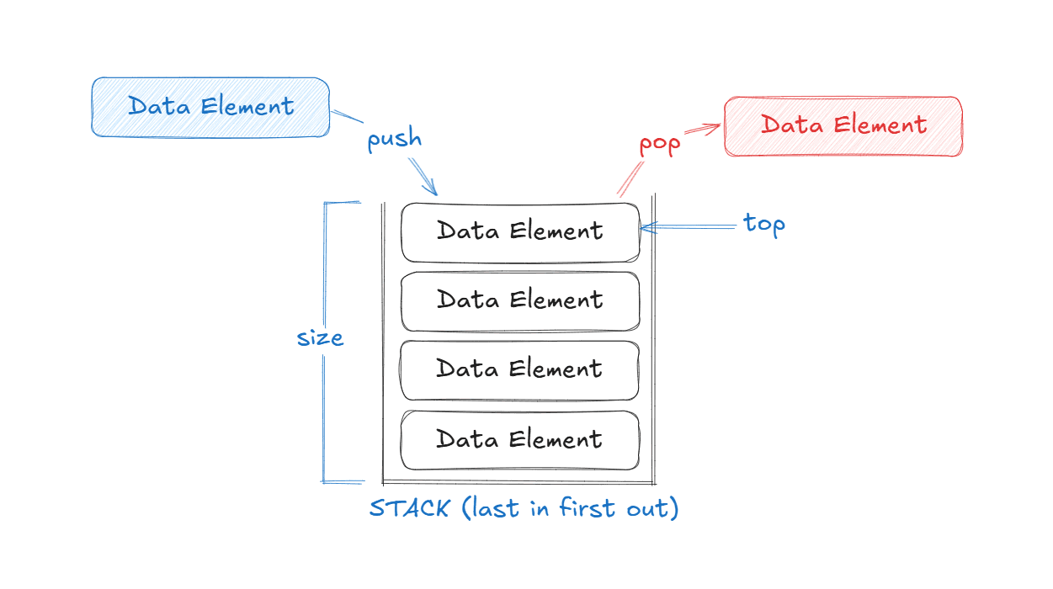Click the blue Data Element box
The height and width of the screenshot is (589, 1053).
tap(210, 107)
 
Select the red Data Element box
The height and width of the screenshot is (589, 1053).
tap(843, 126)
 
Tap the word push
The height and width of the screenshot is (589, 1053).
tap(394, 139)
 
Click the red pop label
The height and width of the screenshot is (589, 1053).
tap(659, 144)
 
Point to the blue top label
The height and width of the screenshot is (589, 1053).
tap(764, 224)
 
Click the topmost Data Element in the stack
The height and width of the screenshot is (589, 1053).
tap(519, 231)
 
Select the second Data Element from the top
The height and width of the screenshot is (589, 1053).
tap(519, 300)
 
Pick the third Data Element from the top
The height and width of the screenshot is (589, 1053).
tap(519, 369)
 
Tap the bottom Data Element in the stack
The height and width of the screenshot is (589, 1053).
tap(519, 439)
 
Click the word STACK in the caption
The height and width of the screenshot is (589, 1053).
tap(409, 509)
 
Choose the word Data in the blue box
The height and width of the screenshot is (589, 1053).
tap(158, 107)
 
